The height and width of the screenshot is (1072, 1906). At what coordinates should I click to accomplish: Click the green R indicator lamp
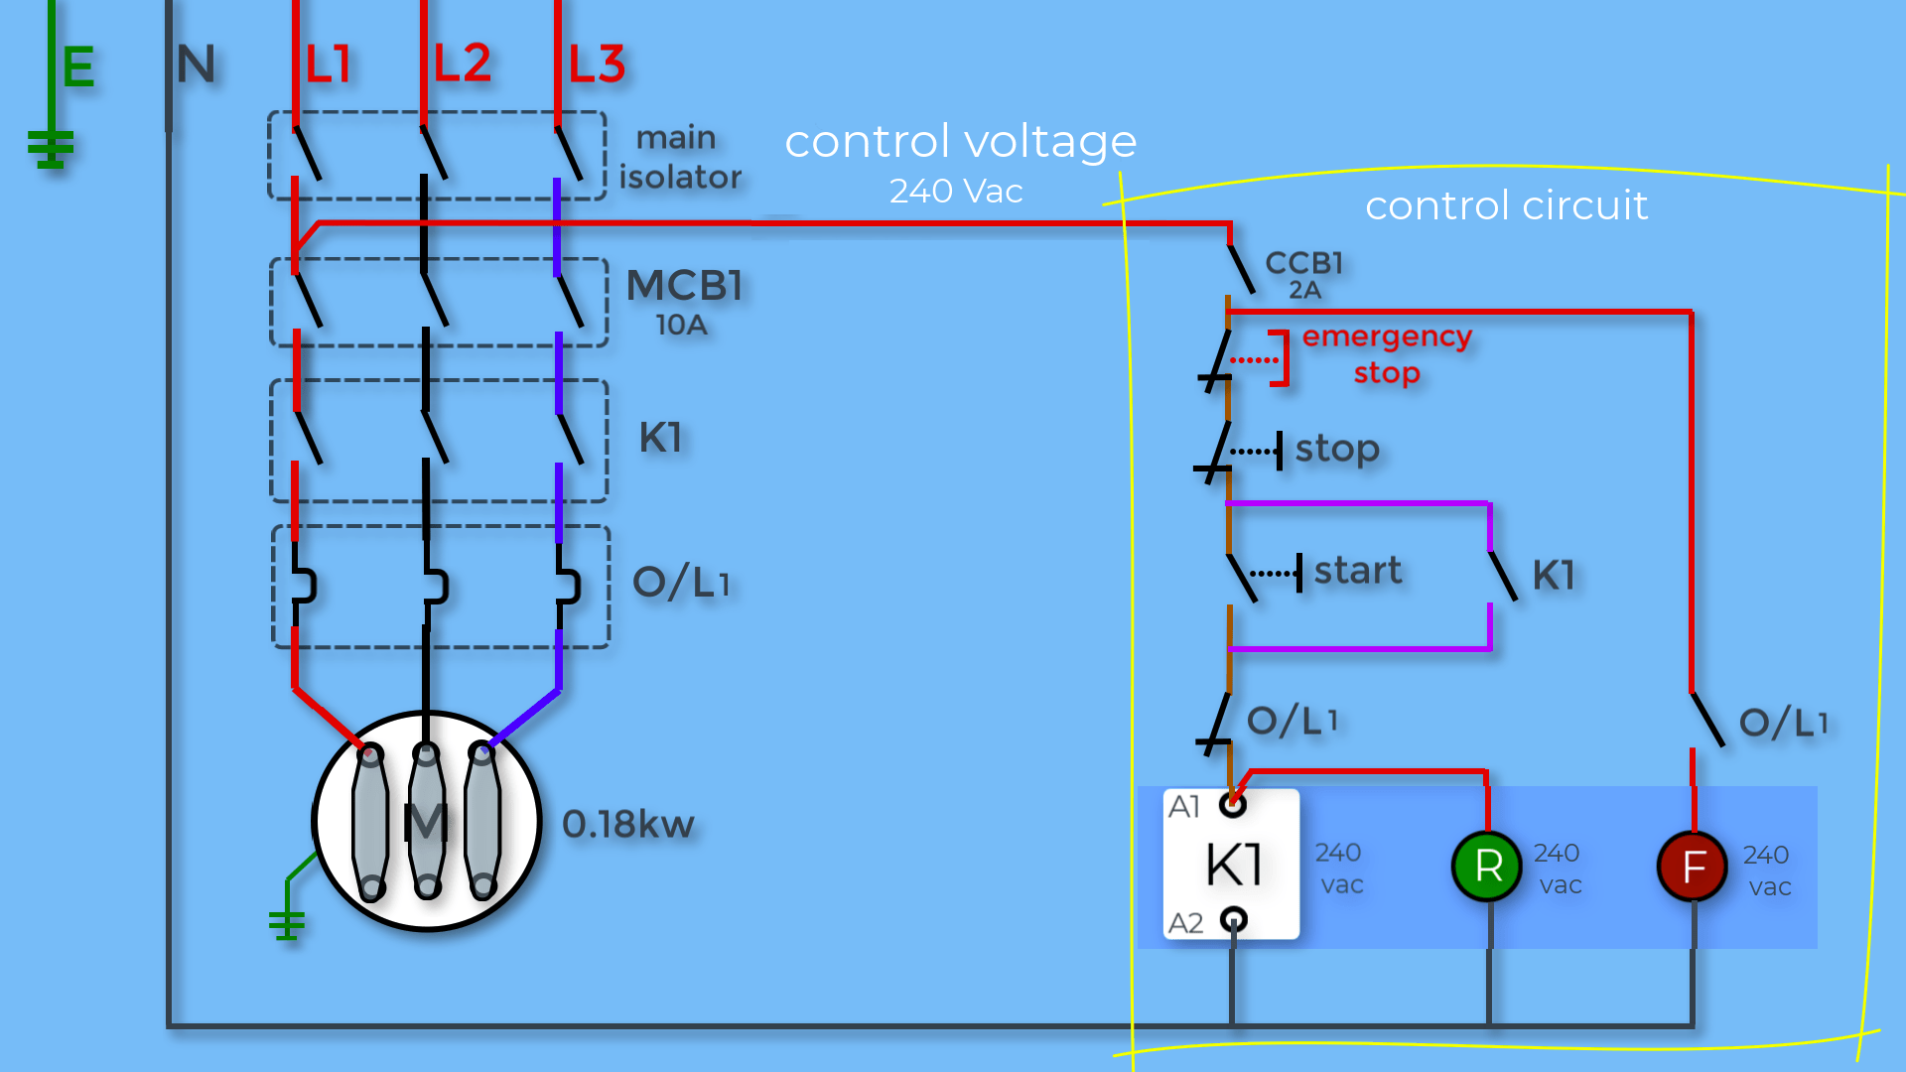(1487, 867)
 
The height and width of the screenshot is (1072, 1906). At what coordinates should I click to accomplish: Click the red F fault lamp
(1693, 867)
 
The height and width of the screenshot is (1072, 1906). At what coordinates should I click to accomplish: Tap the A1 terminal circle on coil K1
(1233, 805)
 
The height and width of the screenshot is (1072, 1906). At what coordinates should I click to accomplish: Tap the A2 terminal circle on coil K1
(1233, 919)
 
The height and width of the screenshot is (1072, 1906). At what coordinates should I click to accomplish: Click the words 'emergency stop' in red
(1387, 354)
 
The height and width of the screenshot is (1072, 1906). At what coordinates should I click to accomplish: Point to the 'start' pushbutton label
(1358, 571)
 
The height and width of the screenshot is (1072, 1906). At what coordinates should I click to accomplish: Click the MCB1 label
(684, 286)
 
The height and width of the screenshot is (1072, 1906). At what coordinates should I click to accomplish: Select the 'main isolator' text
(680, 157)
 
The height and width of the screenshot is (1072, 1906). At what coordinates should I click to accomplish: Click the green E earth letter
(78, 67)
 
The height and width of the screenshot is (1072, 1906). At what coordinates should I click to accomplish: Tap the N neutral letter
(196, 65)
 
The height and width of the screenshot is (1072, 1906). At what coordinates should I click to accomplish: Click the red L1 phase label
(328, 65)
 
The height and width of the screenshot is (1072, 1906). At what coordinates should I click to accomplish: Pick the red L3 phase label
(597, 65)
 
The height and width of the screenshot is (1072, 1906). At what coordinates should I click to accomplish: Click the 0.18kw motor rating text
(627, 824)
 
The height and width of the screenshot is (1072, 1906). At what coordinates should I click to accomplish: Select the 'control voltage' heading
(960, 141)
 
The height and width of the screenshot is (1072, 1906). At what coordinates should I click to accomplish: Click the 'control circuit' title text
(1506, 205)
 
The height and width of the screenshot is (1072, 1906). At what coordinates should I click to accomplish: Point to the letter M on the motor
(426, 822)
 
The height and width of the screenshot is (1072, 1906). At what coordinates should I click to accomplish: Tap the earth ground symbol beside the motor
(287, 924)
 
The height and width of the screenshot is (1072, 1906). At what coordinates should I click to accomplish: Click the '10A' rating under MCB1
(681, 325)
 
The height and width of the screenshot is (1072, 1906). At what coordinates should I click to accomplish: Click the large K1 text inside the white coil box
(1234, 864)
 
